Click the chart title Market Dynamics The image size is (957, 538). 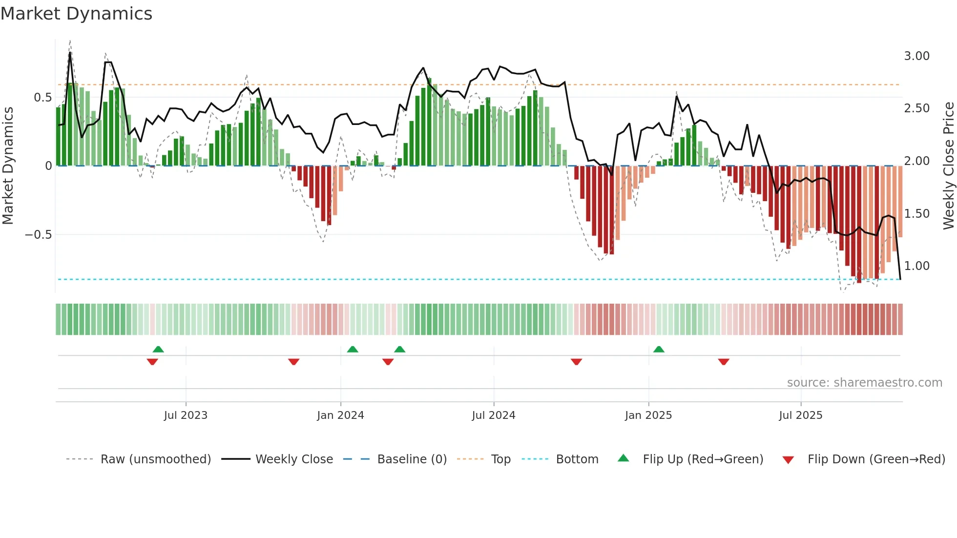tap(76, 14)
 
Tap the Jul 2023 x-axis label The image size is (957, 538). tap(186, 415)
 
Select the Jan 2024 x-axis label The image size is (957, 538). tap(340, 415)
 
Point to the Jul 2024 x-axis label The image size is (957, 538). tap(494, 415)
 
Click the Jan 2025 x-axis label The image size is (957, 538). tap(648, 415)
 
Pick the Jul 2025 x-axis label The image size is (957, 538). tap(801, 415)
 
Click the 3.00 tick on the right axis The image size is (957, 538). tap(916, 56)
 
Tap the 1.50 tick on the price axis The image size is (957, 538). tap(916, 214)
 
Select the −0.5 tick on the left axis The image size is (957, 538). tap(38, 235)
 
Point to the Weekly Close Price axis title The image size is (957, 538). tap(948, 166)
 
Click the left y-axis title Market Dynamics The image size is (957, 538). tap(8, 166)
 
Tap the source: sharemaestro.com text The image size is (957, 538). tap(864, 383)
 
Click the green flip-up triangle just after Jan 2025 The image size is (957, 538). tap(659, 349)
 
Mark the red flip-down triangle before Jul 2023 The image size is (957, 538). tap(152, 362)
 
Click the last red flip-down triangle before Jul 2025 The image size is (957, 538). tap(724, 362)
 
